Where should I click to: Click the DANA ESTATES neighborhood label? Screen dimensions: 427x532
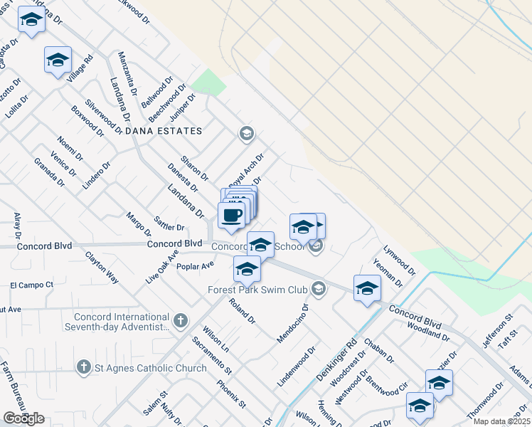point(164,131)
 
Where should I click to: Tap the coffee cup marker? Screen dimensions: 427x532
point(231,215)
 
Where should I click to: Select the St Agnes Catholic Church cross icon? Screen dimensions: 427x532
point(84,367)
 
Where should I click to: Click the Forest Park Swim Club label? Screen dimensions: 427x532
point(257,290)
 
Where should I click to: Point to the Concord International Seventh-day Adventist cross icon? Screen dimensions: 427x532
point(181,321)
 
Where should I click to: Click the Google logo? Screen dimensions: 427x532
point(23,418)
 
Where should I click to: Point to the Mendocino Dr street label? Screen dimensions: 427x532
point(290,324)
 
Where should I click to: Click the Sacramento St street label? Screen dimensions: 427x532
point(211,356)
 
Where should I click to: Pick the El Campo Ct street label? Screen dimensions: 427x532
point(31,285)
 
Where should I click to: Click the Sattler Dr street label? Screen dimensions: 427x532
point(169,228)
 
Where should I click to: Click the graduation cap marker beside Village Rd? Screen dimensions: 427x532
point(58,60)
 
